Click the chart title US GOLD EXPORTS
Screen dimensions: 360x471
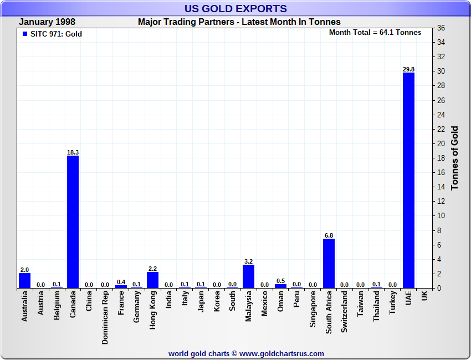point(235,8)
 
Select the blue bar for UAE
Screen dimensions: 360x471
point(408,180)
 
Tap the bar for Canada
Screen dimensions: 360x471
point(73,222)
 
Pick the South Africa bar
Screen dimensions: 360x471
point(329,263)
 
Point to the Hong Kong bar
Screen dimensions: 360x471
point(152,280)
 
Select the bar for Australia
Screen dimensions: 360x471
point(24,280)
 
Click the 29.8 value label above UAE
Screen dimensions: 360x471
point(408,69)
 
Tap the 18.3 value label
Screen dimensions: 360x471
point(73,152)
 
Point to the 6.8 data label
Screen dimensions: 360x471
point(329,235)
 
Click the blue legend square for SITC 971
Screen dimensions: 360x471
point(24,34)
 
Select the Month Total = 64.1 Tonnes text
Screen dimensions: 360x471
point(375,33)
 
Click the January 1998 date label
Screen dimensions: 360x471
point(47,22)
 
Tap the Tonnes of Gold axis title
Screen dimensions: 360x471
point(455,158)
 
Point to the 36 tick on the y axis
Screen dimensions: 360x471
point(441,28)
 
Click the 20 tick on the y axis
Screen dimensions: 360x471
point(441,143)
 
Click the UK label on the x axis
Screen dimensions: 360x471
point(424,297)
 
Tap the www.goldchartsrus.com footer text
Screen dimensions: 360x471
point(281,353)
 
